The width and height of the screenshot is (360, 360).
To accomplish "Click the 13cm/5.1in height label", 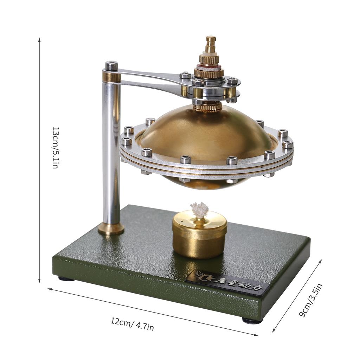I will click(55, 148).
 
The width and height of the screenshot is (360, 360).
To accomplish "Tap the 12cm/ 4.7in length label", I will click(132, 324).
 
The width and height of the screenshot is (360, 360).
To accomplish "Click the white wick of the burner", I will click(199, 210).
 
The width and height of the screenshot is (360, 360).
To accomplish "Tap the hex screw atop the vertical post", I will click(111, 66).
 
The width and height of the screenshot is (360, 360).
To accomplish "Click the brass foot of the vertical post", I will click(111, 229).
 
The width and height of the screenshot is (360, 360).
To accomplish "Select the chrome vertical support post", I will click(111, 151).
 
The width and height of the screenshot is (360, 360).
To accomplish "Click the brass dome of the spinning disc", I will click(206, 134).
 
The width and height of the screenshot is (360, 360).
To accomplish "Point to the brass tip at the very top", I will click(211, 39).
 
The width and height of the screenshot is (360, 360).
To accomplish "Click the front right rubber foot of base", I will click(252, 321).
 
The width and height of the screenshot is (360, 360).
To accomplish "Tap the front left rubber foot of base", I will click(66, 279).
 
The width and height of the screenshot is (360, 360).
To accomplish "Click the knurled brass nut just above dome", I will click(207, 107).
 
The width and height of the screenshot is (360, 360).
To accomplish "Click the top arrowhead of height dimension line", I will click(39, 40).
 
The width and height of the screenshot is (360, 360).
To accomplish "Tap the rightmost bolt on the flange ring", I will click(288, 144).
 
